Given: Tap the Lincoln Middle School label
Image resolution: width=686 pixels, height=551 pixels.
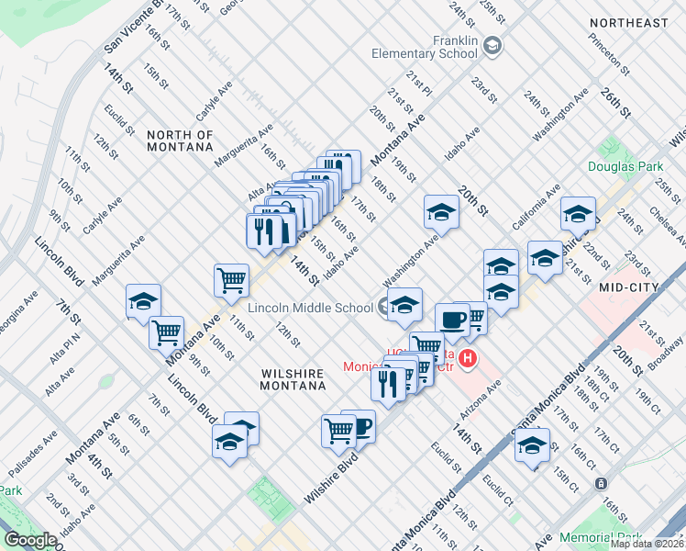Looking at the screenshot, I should coord(310,308).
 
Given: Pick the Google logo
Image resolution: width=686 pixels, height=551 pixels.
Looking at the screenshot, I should coord(30,540).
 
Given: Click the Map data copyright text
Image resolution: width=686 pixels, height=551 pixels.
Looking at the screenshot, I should coord(647,544).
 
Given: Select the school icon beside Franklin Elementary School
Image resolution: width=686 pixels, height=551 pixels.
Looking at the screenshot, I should coord(492,45).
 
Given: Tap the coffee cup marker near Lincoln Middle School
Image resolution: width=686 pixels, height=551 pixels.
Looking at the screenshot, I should coord(452,320).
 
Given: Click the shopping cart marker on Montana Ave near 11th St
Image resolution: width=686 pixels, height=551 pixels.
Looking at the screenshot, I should coord(231,279).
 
